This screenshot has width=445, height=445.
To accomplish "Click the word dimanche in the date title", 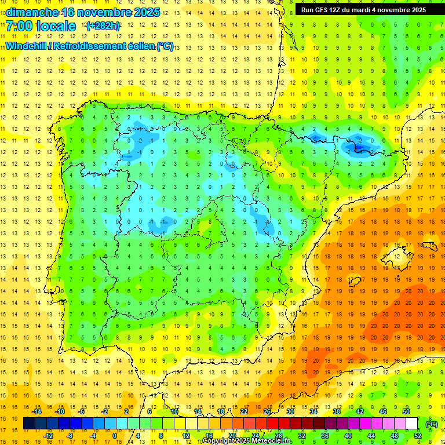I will [32, 12].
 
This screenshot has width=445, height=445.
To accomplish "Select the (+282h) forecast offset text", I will [103, 26].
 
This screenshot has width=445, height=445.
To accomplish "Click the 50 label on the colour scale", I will [406, 411].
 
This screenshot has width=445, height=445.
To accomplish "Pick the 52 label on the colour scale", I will [418, 436].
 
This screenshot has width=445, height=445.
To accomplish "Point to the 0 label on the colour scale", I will [114, 436].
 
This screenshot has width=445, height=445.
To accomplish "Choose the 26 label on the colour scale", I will [267, 411].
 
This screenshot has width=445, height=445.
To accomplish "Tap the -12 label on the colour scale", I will [49, 436].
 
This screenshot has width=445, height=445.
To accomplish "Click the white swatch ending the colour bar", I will [412, 424].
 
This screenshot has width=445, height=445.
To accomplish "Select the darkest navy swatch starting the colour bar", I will [29, 424].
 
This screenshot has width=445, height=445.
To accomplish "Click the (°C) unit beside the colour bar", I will [432, 424].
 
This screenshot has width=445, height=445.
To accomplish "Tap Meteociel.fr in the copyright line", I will [272, 441].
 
